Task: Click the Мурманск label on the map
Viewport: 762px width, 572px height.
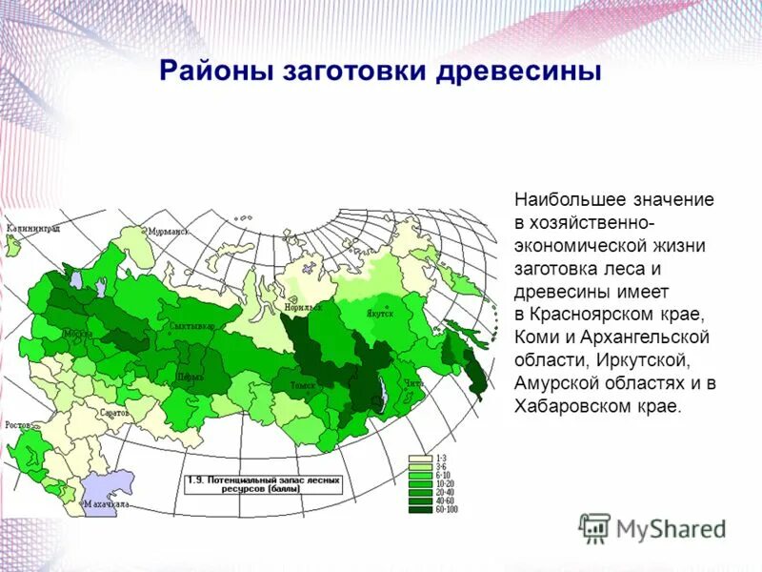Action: pos(169,232)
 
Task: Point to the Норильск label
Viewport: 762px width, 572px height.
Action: pos(303,308)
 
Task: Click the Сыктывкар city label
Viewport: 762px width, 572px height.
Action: pos(190,327)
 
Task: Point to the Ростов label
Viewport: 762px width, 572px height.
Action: pos(19,425)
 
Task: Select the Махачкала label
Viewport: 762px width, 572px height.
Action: pos(106,502)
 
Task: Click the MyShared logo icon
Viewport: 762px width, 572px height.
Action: pos(594,527)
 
